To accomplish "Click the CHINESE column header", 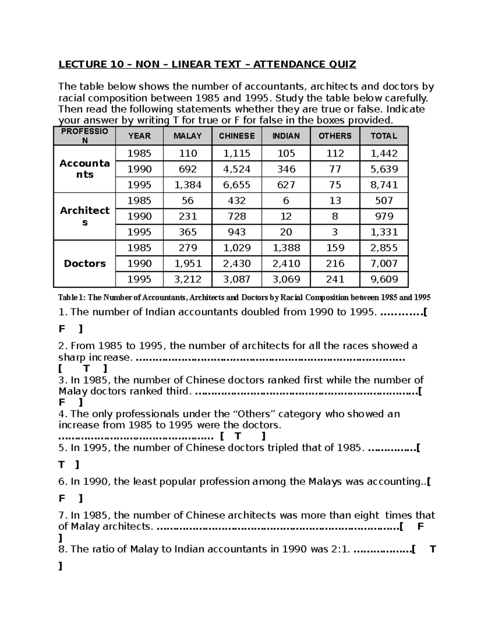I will tap(237, 136).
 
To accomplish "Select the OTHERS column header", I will tap(335, 136).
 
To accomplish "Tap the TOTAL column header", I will tap(384, 136).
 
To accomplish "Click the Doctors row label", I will tap(85, 263).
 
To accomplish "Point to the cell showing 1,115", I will tap(237, 153).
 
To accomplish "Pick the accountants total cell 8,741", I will tap(384, 184).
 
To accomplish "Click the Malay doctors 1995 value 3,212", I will tap(188, 279).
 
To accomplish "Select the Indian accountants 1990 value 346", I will tap(286, 169).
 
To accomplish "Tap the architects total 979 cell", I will tap(384, 216).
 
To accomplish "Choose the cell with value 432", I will tap(237, 201).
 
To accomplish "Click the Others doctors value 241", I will tap(335, 279).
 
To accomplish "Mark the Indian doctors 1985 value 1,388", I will tap(286, 248).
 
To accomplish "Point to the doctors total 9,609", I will tap(384, 279).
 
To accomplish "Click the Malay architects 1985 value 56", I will tap(188, 201).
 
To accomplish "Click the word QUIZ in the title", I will tap(342, 64).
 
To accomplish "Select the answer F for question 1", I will tap(62, 329).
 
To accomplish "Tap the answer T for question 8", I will tap(433, 549).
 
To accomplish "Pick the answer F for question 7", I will tap(421, 526).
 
